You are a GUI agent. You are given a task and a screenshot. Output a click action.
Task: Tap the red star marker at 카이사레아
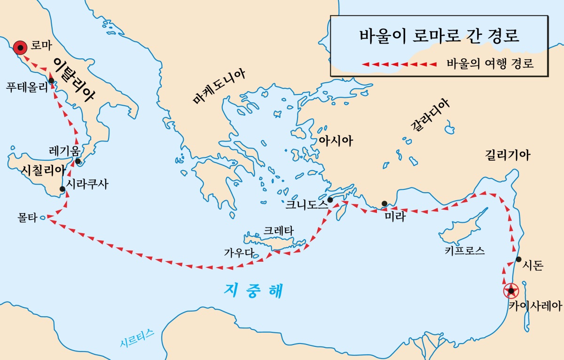pyautogui.click(x=511, y=291)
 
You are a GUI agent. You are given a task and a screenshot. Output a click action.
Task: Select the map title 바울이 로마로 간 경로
pyautogui.click(x=439, y=36)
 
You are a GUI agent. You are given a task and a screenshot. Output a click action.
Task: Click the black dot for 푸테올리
pyautogui.click(x=51, y=80)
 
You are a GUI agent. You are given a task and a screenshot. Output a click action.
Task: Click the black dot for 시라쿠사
pyautogui.click(x=63, y=189)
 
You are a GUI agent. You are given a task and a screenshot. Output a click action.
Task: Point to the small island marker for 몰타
pyautogui.click(x=43, y=218)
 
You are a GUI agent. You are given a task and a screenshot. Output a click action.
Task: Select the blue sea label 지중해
pyautogui.click(x=254, y=290)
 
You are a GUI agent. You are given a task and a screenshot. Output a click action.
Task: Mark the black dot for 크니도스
pyautogui.click(x=330, y=200)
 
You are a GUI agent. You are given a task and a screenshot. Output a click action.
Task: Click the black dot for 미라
pyautogui.click(x=384, y=203)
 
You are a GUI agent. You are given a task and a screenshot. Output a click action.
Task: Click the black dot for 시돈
pyautogui.click(x=518, y=259)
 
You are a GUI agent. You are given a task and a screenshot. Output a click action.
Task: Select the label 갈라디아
pyautogui.click(x=430, y=116)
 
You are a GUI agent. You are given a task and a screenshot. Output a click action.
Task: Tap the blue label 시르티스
pyautogui.click(x=137, y=338)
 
